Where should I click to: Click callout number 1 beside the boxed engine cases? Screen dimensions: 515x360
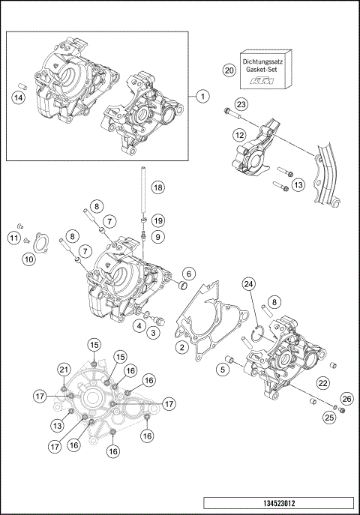pyautogui.click(x=202, y=96)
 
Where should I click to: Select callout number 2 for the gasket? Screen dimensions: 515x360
pyautogui.click(x=181, y=346)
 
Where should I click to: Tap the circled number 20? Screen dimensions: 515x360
pyautogui.click(x=229, y=70)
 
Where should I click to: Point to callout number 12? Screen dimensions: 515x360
pyautogui.click(x=238, y=136)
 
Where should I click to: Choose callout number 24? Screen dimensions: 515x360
pyautogui.click(x=248, y=284)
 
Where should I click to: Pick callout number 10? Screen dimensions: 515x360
pyautogui.click(x=28, y=259)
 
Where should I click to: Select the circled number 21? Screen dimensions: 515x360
pyautogui.click(x=64, y=370)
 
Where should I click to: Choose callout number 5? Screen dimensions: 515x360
pyautogui.click(x=222, y=368)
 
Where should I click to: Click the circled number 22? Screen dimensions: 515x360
pyautogui.click(x=323, y=382)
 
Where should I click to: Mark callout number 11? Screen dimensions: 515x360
pyautogui.click(x=13, y=238)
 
